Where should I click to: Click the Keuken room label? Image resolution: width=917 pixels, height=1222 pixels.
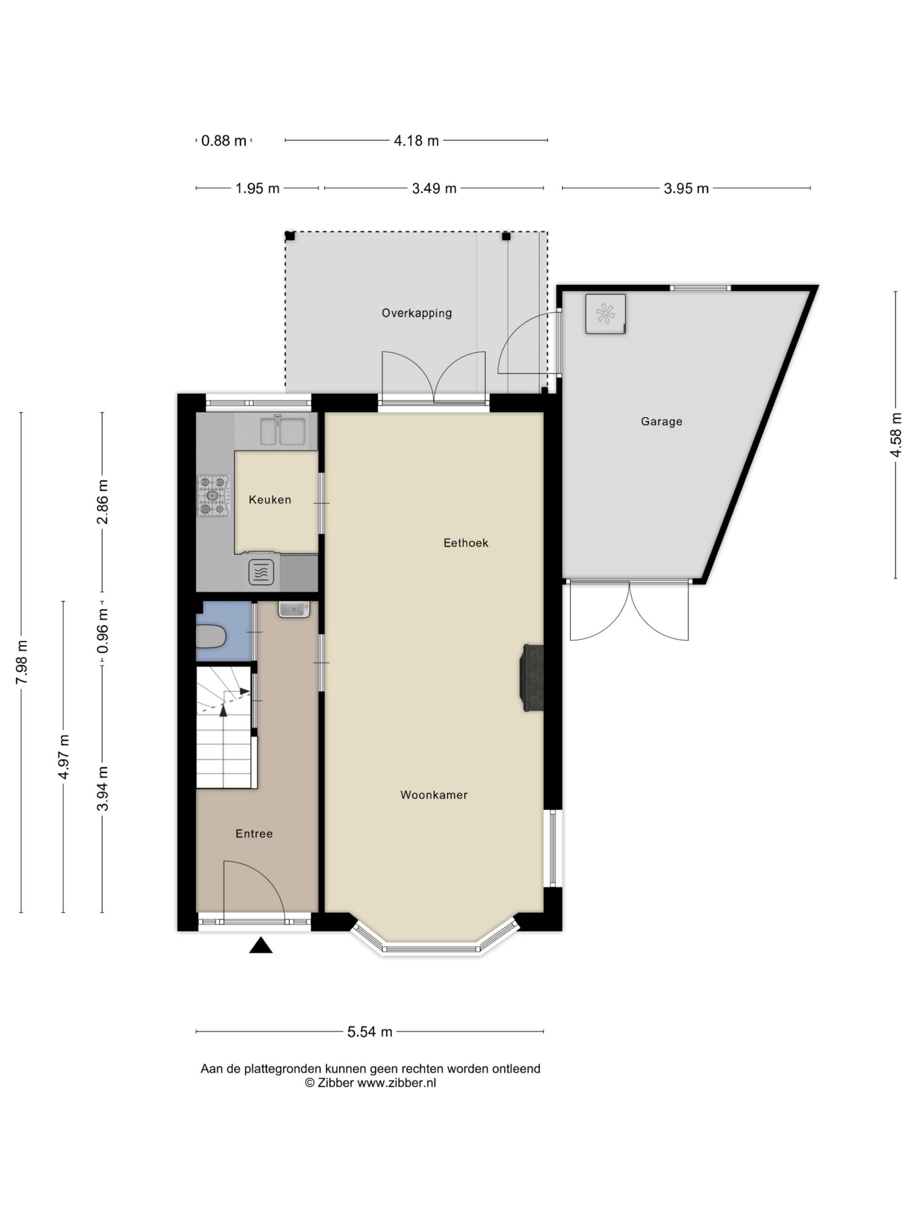(x=270, y=499)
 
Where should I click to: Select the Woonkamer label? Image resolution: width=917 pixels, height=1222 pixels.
(x=434, y=794)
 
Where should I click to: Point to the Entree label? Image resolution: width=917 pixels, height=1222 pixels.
(x=254, y=833)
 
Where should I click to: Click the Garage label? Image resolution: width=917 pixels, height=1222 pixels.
(x=661, y=421)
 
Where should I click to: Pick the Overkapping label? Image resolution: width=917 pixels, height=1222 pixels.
(x=417, y=313)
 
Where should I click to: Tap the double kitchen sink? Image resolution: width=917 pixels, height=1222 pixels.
(x=282, y=431)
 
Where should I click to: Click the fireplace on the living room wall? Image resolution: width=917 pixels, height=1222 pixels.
(x=531, y=677)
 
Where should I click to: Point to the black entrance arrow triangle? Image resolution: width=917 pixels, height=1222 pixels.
(x=261, y=945)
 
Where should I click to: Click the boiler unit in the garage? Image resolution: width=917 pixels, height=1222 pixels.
(x=605, y=314)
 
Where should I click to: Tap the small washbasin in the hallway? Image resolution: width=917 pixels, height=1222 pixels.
(x=294, y=610)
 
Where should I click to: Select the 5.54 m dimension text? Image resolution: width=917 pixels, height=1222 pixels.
(x=370, y=1032)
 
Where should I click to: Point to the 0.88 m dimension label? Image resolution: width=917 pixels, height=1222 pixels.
(x=224, y=141)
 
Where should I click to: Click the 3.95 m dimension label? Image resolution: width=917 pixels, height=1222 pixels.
(x=686, y=189)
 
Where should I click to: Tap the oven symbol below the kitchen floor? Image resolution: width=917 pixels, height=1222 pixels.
(x=261, y=572)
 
